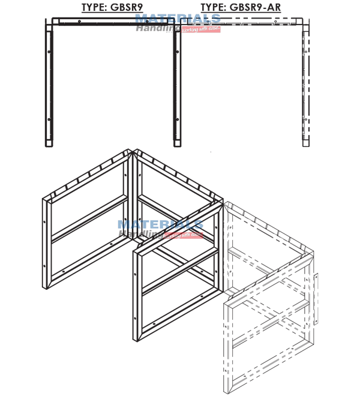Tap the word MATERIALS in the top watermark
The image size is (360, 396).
click(177, 19)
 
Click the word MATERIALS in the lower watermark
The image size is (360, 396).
click(160, 226)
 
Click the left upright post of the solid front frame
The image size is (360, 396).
click(137, 294)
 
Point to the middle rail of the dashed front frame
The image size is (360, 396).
click(270, 327)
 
